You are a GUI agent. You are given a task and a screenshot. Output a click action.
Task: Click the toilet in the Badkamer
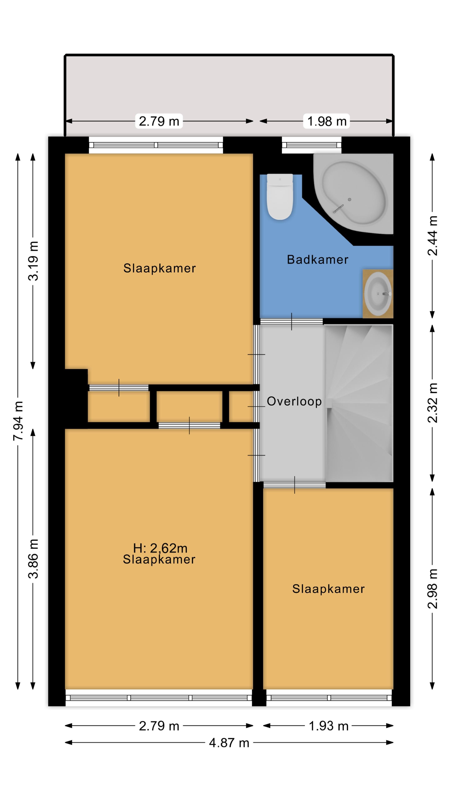(x=280, y=196)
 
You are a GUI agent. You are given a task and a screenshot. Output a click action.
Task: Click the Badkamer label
(x=317, y=260)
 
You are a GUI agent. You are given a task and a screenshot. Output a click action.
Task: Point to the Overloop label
(x=294, y=401)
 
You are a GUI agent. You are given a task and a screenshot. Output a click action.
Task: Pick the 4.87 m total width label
(x=229, y=743)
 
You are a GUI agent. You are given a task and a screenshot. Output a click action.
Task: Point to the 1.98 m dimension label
(x=327, y=121)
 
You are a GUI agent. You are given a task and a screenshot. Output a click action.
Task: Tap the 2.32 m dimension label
(x=432, y=403)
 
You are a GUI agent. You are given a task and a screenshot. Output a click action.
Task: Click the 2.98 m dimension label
(x=432, y=589)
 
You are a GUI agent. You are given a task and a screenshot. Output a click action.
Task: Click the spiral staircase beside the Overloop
(x=359, y=403)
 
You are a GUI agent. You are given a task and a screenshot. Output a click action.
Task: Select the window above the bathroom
(x=311, y=145)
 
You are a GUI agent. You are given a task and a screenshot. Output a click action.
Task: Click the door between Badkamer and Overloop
(x=291, y=321)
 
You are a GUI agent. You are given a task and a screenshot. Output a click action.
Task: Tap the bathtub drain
(x=350, y=200)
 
